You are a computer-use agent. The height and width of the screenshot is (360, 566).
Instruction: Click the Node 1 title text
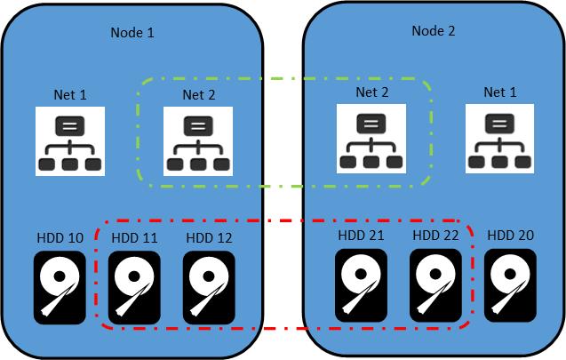click(x=132, y=33)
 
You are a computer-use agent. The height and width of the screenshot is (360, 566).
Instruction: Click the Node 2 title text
click(x=434, y=31)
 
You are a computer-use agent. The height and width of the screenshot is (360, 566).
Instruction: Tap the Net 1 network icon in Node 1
click(x=70, y=141)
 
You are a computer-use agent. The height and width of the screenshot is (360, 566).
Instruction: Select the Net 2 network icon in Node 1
click(x=198, y=141)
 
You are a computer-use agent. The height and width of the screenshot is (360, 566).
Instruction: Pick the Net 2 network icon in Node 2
click(x=371, y=139)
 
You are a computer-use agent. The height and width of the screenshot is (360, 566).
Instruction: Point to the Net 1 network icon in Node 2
click(x=499, y=139)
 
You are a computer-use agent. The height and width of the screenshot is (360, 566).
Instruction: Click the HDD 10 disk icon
click(x=60, y=288)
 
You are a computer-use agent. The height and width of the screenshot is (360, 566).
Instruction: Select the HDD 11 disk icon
click(x=134, y=288)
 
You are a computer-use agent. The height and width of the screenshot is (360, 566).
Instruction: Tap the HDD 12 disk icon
click(x=209, y=288)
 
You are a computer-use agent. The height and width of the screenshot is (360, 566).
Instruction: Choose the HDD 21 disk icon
click(x=361, y=285)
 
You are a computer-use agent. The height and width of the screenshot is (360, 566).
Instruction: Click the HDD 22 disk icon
click(x=435, y=285)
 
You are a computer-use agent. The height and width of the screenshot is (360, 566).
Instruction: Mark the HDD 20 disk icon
click(x=510, y=285)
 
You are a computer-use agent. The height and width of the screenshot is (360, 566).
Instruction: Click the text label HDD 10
click(x=60, y=238)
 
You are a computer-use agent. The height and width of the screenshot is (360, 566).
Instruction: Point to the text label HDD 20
click(x=510, y=236)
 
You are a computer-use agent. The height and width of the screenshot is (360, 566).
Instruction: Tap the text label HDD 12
click(x=209, y=238)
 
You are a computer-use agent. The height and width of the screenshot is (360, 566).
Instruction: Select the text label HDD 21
click(x=361, y=236)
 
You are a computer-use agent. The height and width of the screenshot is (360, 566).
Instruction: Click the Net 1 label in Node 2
click(x=500, y=92)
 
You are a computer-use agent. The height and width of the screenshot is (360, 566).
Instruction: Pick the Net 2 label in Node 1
click(x=198, y=94)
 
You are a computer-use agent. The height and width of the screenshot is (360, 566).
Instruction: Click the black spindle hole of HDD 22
click(x=435, y=274)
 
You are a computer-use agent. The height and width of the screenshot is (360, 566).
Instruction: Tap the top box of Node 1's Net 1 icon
click(x=70, y=126)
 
